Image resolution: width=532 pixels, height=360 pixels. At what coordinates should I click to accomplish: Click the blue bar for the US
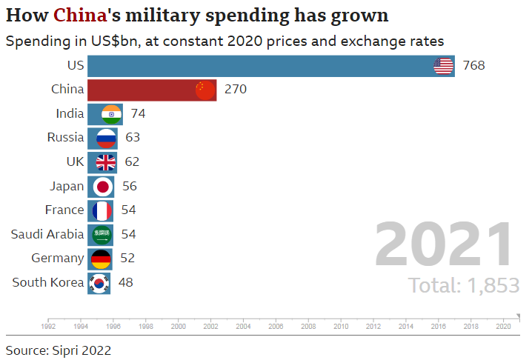pyautogui.click(x=259, y=66)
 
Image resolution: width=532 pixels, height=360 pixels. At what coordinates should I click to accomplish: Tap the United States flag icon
pyautogui.click(x=443, y=66)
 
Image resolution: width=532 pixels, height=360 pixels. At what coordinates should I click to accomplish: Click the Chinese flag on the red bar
pyautogui.click(x=205, y=90)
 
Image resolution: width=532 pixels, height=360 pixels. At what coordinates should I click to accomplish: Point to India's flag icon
pyautogui.click(x=111, y=113)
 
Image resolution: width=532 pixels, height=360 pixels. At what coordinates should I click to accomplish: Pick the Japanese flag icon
pyautogui.click(x=102, y=186)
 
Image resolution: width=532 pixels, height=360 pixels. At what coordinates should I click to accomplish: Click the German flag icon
pyautogui.click(x=101, y=259)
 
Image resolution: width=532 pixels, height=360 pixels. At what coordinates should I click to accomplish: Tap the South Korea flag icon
pyautogui.click(x=99, y=282)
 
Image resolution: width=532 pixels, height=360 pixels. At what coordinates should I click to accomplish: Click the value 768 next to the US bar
pyautogui.click(x=473, y=66)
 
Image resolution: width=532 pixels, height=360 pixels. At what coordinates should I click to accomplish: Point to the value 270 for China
pyautogui.click(x=235, y=90)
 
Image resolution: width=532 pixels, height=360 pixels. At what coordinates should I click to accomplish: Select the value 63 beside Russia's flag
pyautogui.click(x=133, y=138)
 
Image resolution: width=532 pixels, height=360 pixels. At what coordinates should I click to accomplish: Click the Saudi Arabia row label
pyautogui.click(x=47, y=234)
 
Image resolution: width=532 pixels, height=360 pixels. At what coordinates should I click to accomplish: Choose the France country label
pyautogui.click(x=64, y=210)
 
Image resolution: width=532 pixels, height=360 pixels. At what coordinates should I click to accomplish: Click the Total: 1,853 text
pyautogui.click(x=463, y=285)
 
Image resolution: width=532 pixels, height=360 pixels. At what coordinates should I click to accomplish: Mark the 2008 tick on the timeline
pyautogui.click(x=308, y=324)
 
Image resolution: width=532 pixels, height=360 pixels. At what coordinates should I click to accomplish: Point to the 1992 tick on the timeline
pyautogui.click(x=48, y=324)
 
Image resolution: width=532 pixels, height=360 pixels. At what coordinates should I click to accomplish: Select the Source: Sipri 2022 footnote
pyautogui.click(x=59, y=349)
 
